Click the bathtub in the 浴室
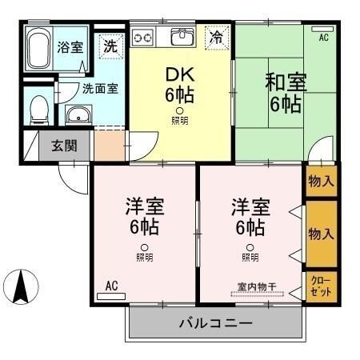coord(37,50)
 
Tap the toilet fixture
coord(37,108)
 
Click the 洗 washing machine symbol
coord(110,46)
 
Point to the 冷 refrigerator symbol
coord(216,36)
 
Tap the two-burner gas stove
coord(143,37)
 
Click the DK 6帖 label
coord(180,85)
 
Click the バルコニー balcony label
coord(215,324)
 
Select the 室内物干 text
coord(257,286)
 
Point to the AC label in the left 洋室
coord(111,284)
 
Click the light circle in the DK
coord(180,111)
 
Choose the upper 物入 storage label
coord(321,182)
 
